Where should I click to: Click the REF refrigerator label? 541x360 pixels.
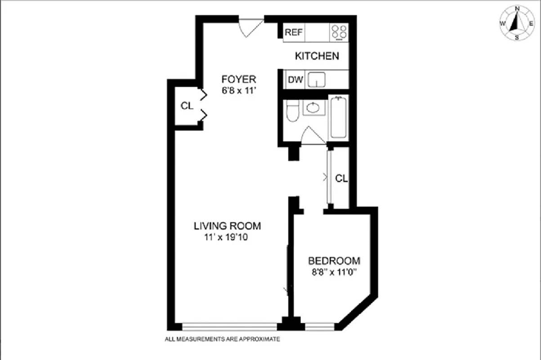pos(294,33)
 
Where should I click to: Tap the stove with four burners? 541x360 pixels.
pos(339,32)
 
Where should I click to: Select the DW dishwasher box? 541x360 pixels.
pos(295,81)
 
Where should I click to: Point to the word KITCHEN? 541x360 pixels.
pos(317,56)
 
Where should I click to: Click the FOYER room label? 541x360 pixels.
pos(238,80)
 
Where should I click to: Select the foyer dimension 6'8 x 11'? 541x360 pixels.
pos(238,90)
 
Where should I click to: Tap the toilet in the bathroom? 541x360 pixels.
pos(292,111)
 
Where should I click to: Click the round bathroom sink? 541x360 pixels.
pos(313,108)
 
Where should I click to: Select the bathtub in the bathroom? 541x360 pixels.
pos(338,118)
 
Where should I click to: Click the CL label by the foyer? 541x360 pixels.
pos(187,106)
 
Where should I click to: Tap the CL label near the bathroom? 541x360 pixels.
pos(341,179)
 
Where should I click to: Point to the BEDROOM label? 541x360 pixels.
pos(334,261)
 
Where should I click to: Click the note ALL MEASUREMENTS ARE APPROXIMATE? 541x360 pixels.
pos(223,339)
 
